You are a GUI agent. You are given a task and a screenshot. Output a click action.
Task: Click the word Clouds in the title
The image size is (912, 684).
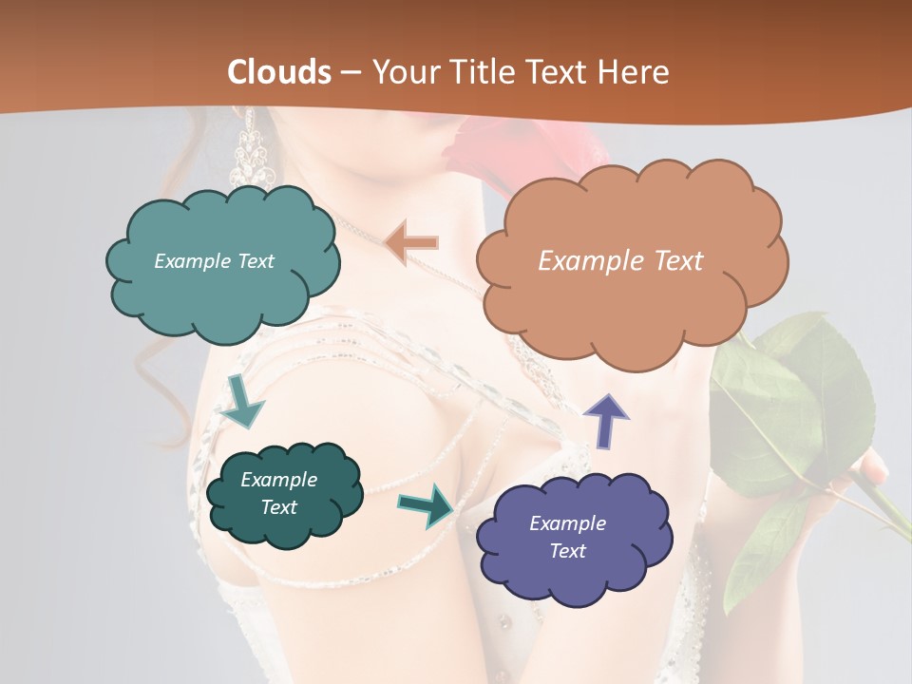[x=279, y=72]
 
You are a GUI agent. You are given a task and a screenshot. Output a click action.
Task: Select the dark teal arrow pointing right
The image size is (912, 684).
[x=427, y=503]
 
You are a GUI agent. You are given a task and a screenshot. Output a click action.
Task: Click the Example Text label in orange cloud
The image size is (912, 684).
[x=620, y=261]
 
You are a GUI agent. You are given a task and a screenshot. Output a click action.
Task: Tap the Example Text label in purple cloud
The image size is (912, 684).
[x=567, y=537]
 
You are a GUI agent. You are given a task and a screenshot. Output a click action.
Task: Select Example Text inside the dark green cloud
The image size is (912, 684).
[x=278, y=493]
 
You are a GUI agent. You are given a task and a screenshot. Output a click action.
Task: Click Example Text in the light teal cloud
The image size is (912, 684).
[x=214, y=261]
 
